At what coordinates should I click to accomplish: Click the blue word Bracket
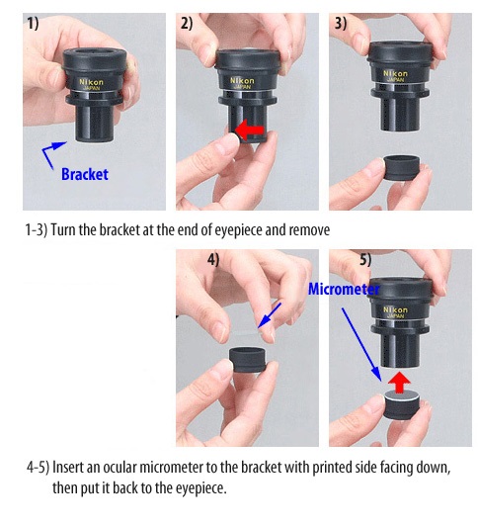85,174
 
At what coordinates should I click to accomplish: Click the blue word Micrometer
344,289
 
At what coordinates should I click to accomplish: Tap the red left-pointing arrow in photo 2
250,131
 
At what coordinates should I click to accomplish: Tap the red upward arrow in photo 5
399,383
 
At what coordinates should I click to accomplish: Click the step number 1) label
33,24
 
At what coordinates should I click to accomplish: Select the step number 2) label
187,24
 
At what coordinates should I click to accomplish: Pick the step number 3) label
341,24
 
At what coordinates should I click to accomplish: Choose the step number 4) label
213,260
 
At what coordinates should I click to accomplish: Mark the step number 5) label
365,260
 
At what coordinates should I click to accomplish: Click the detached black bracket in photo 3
401,167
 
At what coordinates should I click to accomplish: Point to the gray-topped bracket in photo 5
401,405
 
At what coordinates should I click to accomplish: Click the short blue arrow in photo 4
270,315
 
